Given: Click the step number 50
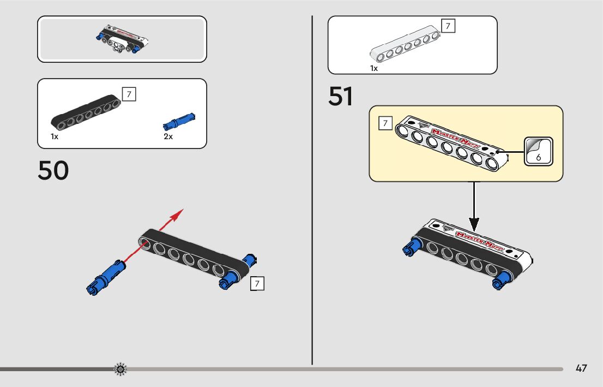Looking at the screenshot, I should [53, 170].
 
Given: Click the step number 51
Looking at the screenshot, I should [341, 97].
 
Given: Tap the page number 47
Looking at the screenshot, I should [581, 368].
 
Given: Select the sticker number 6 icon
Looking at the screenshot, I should [538, 151].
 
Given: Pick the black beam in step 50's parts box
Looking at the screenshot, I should [87, 113].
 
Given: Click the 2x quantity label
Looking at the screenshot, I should [168, 136].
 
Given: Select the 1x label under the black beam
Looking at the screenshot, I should [55, 136].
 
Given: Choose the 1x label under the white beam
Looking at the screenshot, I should [374, 68].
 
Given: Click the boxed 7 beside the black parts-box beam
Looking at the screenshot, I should [129, 94].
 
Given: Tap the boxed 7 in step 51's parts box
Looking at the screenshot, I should [448, 26].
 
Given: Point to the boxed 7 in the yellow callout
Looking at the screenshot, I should [385, 123].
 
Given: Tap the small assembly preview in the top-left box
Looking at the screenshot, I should [122, 39].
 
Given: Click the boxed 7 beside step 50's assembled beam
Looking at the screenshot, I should [257, 283].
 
